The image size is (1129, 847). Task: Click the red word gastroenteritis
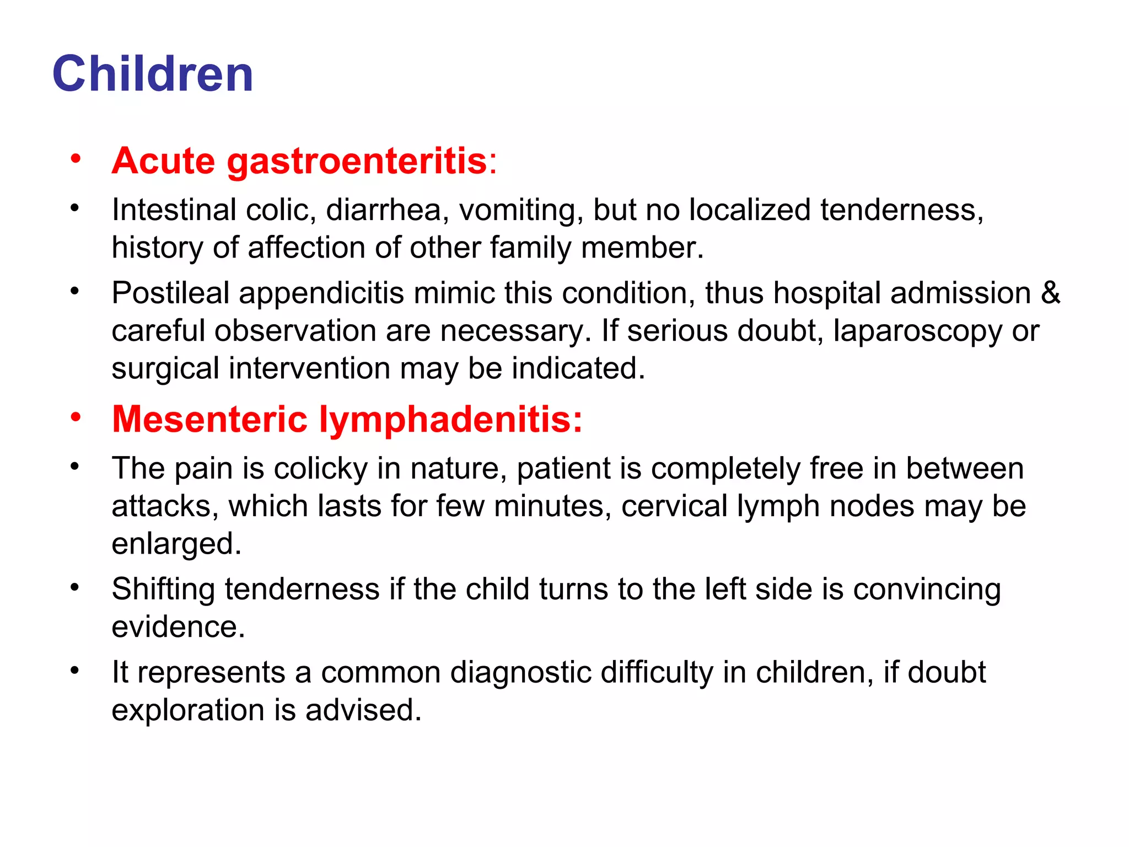click(x=357, y=161)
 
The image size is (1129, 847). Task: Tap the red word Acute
click(x=163, y=161)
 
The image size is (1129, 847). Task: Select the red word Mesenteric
click(x=209, y=419)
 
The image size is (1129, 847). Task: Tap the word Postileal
click(x=170, y=293)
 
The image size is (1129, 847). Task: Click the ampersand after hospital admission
click(x=1051, y=293)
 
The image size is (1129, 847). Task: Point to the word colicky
click(x=321, y=469)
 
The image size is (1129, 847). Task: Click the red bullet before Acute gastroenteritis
click(x=76, y=159)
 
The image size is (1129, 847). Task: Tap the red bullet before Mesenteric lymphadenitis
click(x=76, y=417)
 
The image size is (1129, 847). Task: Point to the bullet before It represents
click(x=76, y=671)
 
